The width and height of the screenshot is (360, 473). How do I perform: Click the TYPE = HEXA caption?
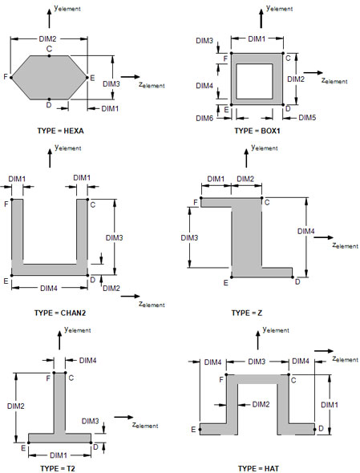60,131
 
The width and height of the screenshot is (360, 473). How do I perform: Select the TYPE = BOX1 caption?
257,131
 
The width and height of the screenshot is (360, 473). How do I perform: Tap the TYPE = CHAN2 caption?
60,313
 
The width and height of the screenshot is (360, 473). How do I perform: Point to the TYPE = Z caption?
247,313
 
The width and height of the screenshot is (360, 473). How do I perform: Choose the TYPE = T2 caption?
58,468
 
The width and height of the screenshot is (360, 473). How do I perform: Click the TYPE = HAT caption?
258,468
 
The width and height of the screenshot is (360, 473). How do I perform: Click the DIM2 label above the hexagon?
47,39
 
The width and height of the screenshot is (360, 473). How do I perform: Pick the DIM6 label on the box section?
204,119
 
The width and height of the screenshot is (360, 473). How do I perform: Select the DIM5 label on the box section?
307,118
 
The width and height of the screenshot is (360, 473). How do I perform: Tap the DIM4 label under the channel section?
49,288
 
